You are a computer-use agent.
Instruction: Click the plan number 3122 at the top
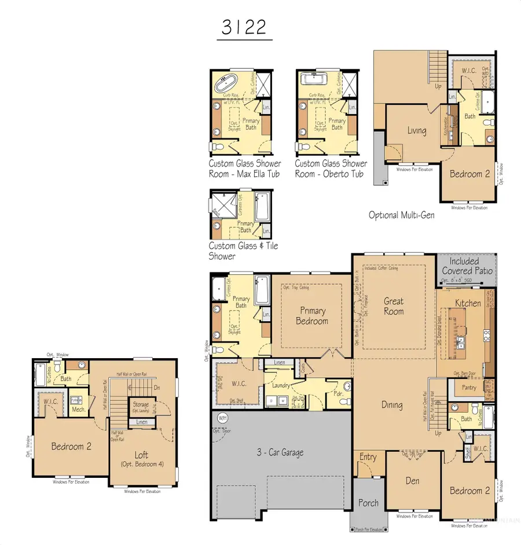coord(245,28)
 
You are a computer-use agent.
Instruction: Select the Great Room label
coord(394,306)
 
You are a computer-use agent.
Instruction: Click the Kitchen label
coord(468,303)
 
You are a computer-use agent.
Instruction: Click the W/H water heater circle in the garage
coord(222,418)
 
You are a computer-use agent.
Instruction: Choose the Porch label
coord(368,503)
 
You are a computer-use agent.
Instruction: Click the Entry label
coord(368,457)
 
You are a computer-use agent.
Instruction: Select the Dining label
coord(392,405)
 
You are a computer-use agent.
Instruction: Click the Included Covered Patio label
coord(467,266)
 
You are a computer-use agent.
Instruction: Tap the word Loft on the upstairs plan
coord(142,455)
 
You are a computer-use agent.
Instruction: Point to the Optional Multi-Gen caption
coord(401,215)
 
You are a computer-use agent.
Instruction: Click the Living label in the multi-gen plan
coord(416,131)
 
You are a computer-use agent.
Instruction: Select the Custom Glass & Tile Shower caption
coord(243,251)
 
